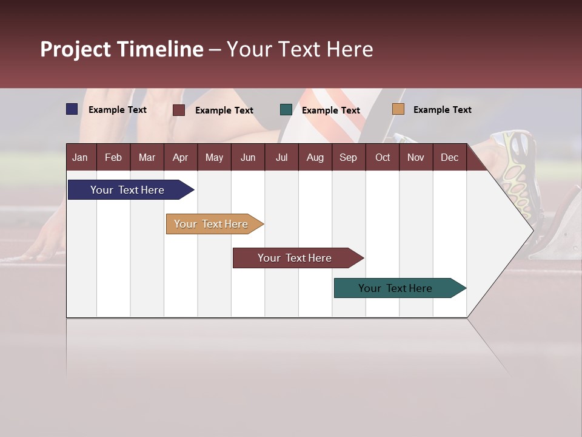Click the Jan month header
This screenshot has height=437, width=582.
[x=80, y=157]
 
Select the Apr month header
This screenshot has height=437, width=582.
[x=180, y=157]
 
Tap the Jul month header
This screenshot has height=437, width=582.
[x=281, y=157]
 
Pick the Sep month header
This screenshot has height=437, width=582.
[x=348, y=157]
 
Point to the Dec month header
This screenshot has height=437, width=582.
[x=449, y=157]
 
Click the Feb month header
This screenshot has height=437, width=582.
[x=113, y=157]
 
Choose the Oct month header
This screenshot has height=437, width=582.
[x=383, y=157]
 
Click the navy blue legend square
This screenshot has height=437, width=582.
[x=72, y=109]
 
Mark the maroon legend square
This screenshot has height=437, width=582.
[x=179, y=110]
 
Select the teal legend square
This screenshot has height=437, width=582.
[x=286, y=109]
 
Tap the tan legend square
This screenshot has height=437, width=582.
[x=398, y=109]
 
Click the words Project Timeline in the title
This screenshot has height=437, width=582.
[x=122, y=49]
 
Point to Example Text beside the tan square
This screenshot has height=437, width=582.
[x=442, y=110]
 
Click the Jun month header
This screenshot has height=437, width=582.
[x=248, y=157]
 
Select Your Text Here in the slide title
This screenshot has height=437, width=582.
[x=299, y=49]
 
